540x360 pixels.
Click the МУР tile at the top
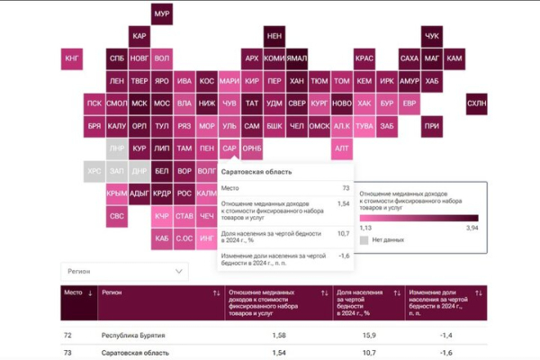[162, 14]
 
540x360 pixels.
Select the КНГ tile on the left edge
[73, 59]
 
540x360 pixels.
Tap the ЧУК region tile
[432, 36]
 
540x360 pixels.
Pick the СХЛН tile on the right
[476, 104]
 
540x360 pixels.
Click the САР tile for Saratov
[229, 148]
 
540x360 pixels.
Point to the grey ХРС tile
[94, 170]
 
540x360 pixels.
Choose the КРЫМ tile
[117, 193]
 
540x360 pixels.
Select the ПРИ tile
[432, 126]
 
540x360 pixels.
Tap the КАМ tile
[454, 59]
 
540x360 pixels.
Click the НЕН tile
[274, 36]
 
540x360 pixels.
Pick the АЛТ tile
[342, 148]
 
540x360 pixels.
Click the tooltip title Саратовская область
[256, 171]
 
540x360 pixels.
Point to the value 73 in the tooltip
[346, 188]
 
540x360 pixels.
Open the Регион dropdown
[124, 270]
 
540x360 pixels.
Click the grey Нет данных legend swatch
[364, 240]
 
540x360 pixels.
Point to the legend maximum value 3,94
[471, 228]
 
